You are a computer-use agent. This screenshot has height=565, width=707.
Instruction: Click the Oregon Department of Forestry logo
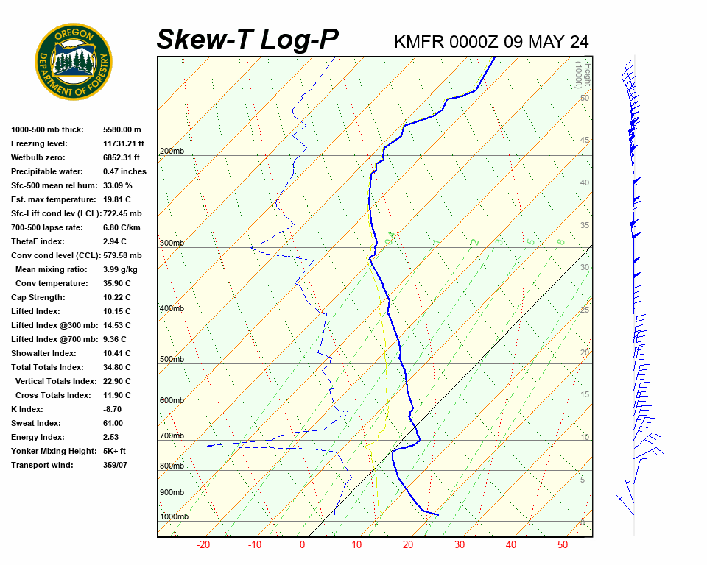74,62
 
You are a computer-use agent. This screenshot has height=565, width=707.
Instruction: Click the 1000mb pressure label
175,516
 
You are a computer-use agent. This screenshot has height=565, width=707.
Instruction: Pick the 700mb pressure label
172,436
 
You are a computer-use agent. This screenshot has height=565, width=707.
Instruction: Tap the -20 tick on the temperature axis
203,545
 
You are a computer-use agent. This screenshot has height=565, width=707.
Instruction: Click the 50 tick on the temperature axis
562,545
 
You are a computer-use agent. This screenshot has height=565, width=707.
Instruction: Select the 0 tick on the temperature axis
302,545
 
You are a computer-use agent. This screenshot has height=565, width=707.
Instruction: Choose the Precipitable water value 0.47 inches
124,171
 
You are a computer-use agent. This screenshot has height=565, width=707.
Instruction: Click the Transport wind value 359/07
115,465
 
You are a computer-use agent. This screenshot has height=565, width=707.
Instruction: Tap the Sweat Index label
36,423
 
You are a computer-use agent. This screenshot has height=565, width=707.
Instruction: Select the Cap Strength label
38,297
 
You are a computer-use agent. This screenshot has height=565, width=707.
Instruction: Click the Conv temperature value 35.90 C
116,283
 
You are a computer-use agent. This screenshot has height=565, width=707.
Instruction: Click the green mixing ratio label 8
560,241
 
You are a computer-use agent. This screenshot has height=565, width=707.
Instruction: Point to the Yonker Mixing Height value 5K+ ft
115,451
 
